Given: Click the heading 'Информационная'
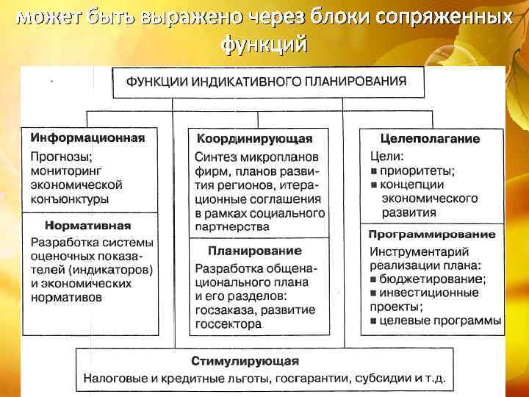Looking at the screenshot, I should pos(87,137).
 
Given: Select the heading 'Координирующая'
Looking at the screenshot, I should pos(254,138).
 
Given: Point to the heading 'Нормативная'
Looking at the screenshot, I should pos(87,226).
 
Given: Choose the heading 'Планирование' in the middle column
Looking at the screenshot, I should pos(254,251).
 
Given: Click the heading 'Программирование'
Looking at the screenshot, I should pos(431,235).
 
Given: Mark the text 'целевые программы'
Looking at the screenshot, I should pos(440,321).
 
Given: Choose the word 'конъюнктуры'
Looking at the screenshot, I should pos(70,198).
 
